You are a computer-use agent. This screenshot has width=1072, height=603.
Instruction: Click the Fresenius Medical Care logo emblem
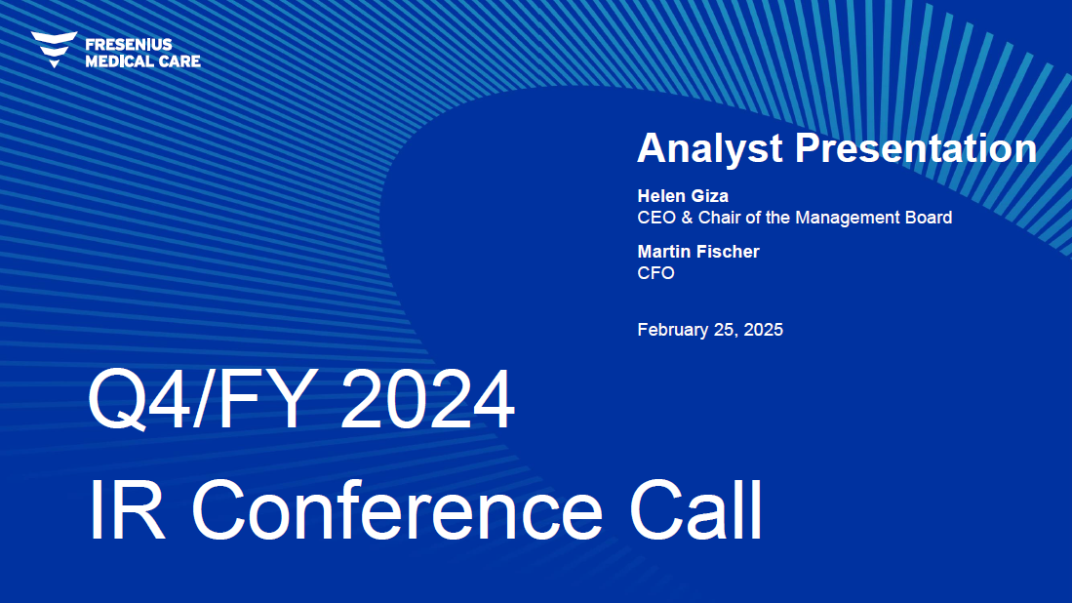[x=54, y=49]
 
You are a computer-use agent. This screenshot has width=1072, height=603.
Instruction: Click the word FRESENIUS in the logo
[x=129, y=45]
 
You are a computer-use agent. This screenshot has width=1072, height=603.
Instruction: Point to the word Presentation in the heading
[x=916, y=147]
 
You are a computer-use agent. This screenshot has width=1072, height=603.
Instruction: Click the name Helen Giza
[x=683, y=196]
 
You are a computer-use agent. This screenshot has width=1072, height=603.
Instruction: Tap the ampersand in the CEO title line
[x=687, y=218]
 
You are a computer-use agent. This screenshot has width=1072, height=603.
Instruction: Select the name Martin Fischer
[x=698, y=252]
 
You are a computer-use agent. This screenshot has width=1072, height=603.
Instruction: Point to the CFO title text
[x=655, y=273]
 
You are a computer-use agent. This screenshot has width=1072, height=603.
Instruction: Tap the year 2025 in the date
[x=763, y=330]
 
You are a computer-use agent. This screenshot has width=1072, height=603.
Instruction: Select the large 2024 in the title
[x=427, y=399]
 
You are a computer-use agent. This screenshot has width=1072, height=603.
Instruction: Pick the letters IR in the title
[x=127, y=510]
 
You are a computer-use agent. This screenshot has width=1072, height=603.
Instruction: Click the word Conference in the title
[x=397, y=510]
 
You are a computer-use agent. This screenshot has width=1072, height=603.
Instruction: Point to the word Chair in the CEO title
[x=719, y=218]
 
